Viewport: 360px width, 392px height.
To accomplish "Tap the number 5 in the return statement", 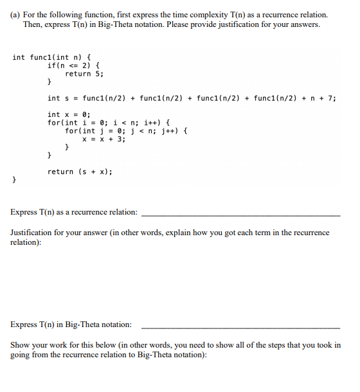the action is point(99,74).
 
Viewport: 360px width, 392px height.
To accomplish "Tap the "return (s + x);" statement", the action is point(80,172).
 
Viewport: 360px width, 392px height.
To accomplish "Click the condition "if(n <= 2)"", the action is point(74,66).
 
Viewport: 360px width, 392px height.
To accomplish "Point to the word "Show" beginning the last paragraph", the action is point(21,345).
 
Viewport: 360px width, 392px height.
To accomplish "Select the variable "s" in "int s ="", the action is point(67,98).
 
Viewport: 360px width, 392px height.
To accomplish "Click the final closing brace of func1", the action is point(15,181).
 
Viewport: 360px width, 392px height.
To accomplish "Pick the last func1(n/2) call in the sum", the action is point(280,98).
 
